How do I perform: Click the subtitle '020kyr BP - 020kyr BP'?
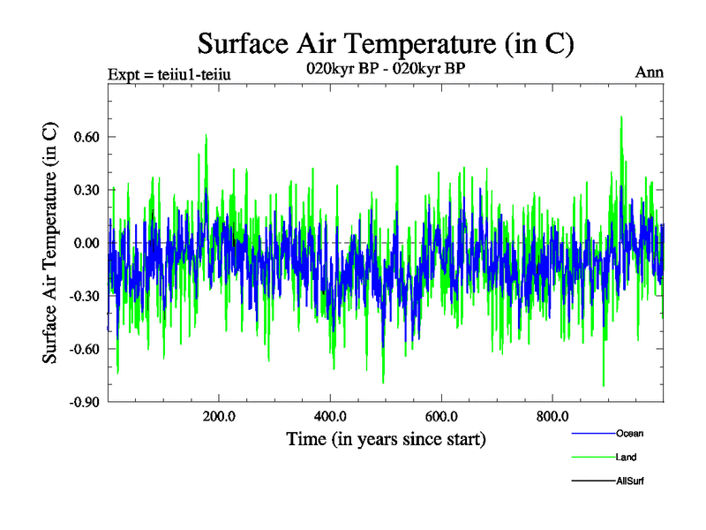click(386, 71)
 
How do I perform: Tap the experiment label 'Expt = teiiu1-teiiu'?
click(169, 73)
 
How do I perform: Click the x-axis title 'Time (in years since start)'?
click(386, 438)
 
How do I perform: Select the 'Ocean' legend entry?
click(629, 433)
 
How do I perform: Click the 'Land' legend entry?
click(626, 457)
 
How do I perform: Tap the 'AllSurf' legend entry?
click(632, 481)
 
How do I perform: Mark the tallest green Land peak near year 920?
click(621, 117)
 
